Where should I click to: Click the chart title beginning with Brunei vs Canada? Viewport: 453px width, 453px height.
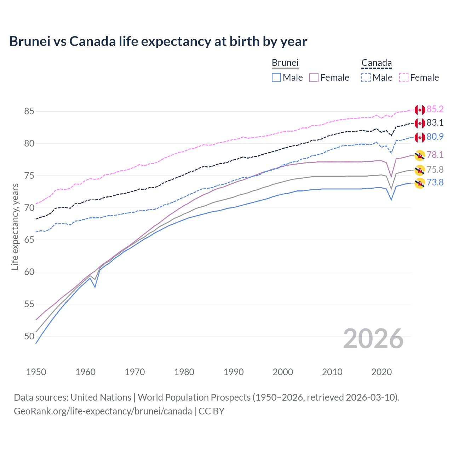click(x=158, y=41)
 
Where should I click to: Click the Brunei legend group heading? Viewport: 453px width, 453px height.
click(x=285, y=63)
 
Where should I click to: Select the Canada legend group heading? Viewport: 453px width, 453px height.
click(x=376, y=63)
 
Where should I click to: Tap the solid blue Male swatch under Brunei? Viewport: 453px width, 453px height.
click(x=276, y=78)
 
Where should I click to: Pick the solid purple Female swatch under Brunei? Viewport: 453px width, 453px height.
click(x=314, y=78)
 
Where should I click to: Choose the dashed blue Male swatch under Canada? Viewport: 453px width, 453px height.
click(x=366, y=78)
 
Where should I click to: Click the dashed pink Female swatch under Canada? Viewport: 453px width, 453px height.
click(x=403, y=78)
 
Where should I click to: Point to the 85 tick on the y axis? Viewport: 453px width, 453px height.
click(x=29, y=111)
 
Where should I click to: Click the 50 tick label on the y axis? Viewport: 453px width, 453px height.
click(x=29, y=336)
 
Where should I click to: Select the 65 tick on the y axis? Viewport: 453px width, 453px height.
click(x=29, y=240)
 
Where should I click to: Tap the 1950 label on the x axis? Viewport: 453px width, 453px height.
click(x=36, y=372)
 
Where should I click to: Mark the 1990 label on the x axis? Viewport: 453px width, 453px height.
click(x=234, y=372)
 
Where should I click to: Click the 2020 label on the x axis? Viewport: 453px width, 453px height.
click(x=382, y=372)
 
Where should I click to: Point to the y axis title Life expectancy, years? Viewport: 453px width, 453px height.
click(x=15, y=226)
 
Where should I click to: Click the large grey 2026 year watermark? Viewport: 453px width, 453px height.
click(x=373, y=339)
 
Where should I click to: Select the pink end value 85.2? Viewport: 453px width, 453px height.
click(x=435, y=109)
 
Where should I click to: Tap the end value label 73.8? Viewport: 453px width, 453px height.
click(x=435, y=182)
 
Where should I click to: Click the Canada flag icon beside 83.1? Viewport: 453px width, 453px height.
click(x=420, y=123)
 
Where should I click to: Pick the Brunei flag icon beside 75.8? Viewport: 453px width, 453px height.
click(x=420, y=170)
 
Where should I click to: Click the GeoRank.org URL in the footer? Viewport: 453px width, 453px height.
click(x=103, y=411)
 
